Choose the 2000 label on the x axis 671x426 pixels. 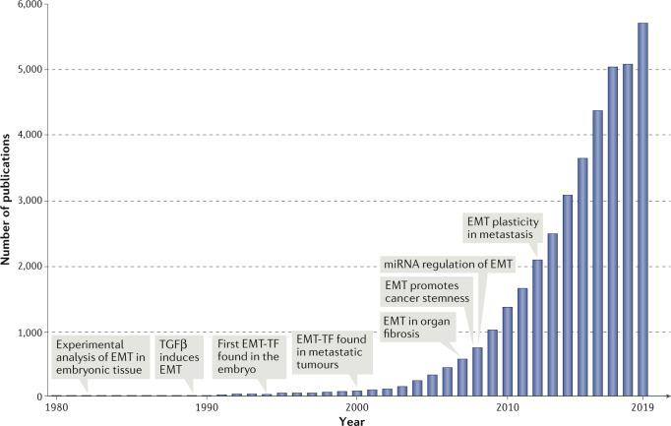click(357, 405)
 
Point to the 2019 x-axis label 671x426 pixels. click(642, 405)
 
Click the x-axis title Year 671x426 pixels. click(350, 419)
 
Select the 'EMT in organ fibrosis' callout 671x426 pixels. click(413, 327)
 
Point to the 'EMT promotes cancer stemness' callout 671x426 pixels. click(427, 292)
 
